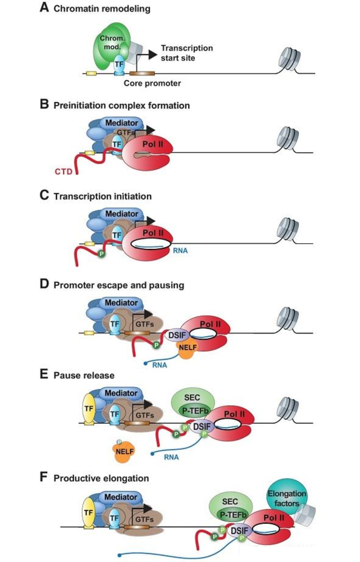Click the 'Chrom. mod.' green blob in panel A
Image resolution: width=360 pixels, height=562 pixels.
tap(108, 48)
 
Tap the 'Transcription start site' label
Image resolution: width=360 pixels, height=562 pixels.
tap(186, 53)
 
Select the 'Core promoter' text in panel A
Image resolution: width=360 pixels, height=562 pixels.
tap(152, 83)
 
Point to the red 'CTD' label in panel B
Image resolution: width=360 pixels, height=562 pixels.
tap(64, 171)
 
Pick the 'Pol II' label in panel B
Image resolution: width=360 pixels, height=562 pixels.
tap(152, 144)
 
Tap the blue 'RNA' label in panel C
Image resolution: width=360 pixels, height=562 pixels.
tap(180, 250)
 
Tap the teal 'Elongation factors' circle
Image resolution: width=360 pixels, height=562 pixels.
tap(286, 498)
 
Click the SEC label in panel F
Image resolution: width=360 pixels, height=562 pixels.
tap(229, 501)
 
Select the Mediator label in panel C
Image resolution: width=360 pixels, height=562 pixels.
tap(121, 214)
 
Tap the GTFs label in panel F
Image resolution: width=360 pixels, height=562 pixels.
tap(144, 520)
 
